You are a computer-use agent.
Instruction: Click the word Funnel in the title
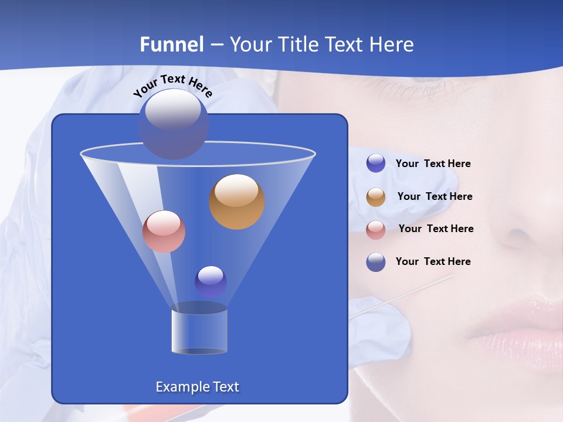click(x=172, y=45)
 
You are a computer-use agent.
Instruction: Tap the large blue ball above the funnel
click(x=173, y=124)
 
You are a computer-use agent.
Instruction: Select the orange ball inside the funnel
click(x=237, y=202)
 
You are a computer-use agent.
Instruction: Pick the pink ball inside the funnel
click(x=164, y=232)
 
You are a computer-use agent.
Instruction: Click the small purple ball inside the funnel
click(x=211, y=281)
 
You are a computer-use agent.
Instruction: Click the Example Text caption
click(x=197, y=387)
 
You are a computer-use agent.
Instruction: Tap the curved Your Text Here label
click(x=172, y=85)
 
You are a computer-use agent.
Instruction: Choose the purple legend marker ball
click(x=376, y=164)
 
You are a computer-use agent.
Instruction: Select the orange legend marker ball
click(x=376, y=197)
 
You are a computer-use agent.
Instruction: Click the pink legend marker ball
click(x=376, y=230)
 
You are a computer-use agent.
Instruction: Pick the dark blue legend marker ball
click(x=376, y=262)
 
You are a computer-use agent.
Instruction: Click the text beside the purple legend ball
click(x=433, y=164)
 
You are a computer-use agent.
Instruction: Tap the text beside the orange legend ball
click(x=435, y=196)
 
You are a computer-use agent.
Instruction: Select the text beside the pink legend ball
click(x=436, y=229)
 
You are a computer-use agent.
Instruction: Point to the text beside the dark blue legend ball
click(x=433, y=261)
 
